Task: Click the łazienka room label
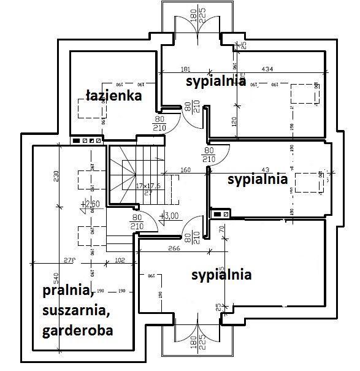click(113, 96)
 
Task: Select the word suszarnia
click(76, 310)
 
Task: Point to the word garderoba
click(79, 332)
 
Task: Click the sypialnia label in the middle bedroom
click(257, 179)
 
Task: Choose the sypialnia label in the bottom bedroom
click(221, 275)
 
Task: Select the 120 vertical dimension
click(234, 121)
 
